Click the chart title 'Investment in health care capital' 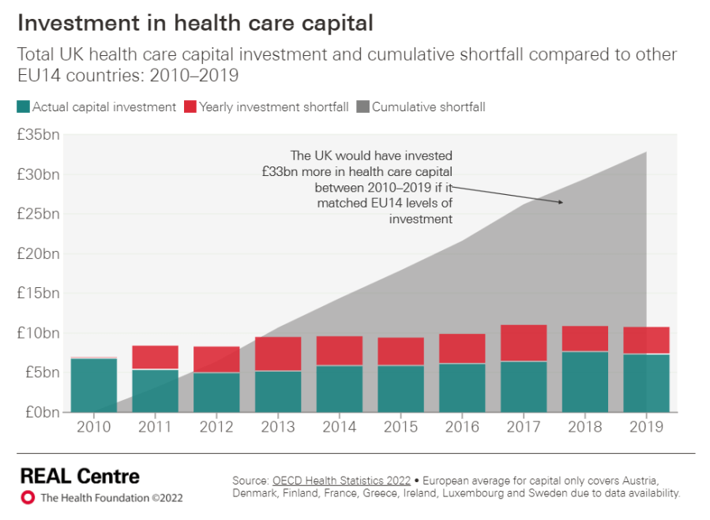195,23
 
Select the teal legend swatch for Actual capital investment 23,107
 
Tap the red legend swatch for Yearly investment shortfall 190,107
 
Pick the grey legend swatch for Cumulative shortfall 363,107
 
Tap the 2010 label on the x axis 93,427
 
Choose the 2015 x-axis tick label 400,427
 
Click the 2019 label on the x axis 646,427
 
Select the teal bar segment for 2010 93,385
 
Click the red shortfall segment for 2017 524,342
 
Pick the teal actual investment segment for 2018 585,382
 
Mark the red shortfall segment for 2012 216,360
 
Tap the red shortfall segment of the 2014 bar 339,351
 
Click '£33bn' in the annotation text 279,171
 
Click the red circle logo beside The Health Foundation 28,498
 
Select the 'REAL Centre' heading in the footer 80,476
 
